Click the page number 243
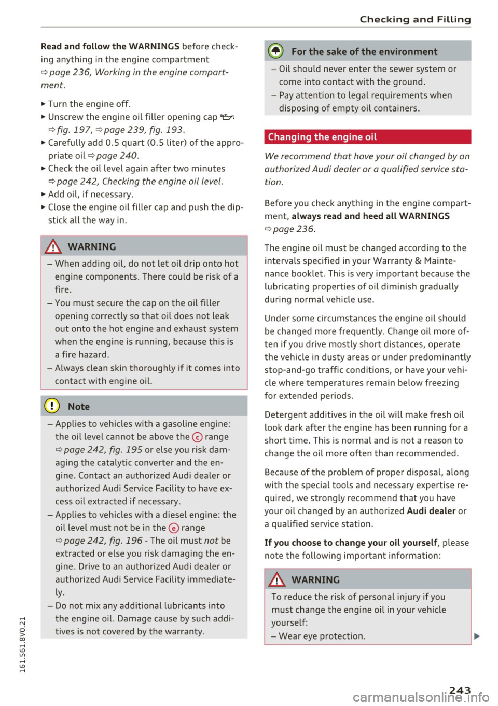coord(460,690)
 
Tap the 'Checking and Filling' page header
coord(415,20)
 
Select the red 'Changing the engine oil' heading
coord(322,137)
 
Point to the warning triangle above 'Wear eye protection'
coord(277,579)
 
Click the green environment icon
coord(276,51)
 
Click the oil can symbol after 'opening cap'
coord(227,117)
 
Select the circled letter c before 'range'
coord(197,437)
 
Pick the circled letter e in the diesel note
coord(173,528)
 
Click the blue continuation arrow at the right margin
coord(477,636)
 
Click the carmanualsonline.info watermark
coord(420,697)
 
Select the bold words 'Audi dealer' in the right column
coord(431,511)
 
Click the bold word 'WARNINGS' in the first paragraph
coord(154,46)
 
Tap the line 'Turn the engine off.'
coord(89,104)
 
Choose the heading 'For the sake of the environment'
coord(364,51)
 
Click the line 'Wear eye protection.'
coord(322,636)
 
